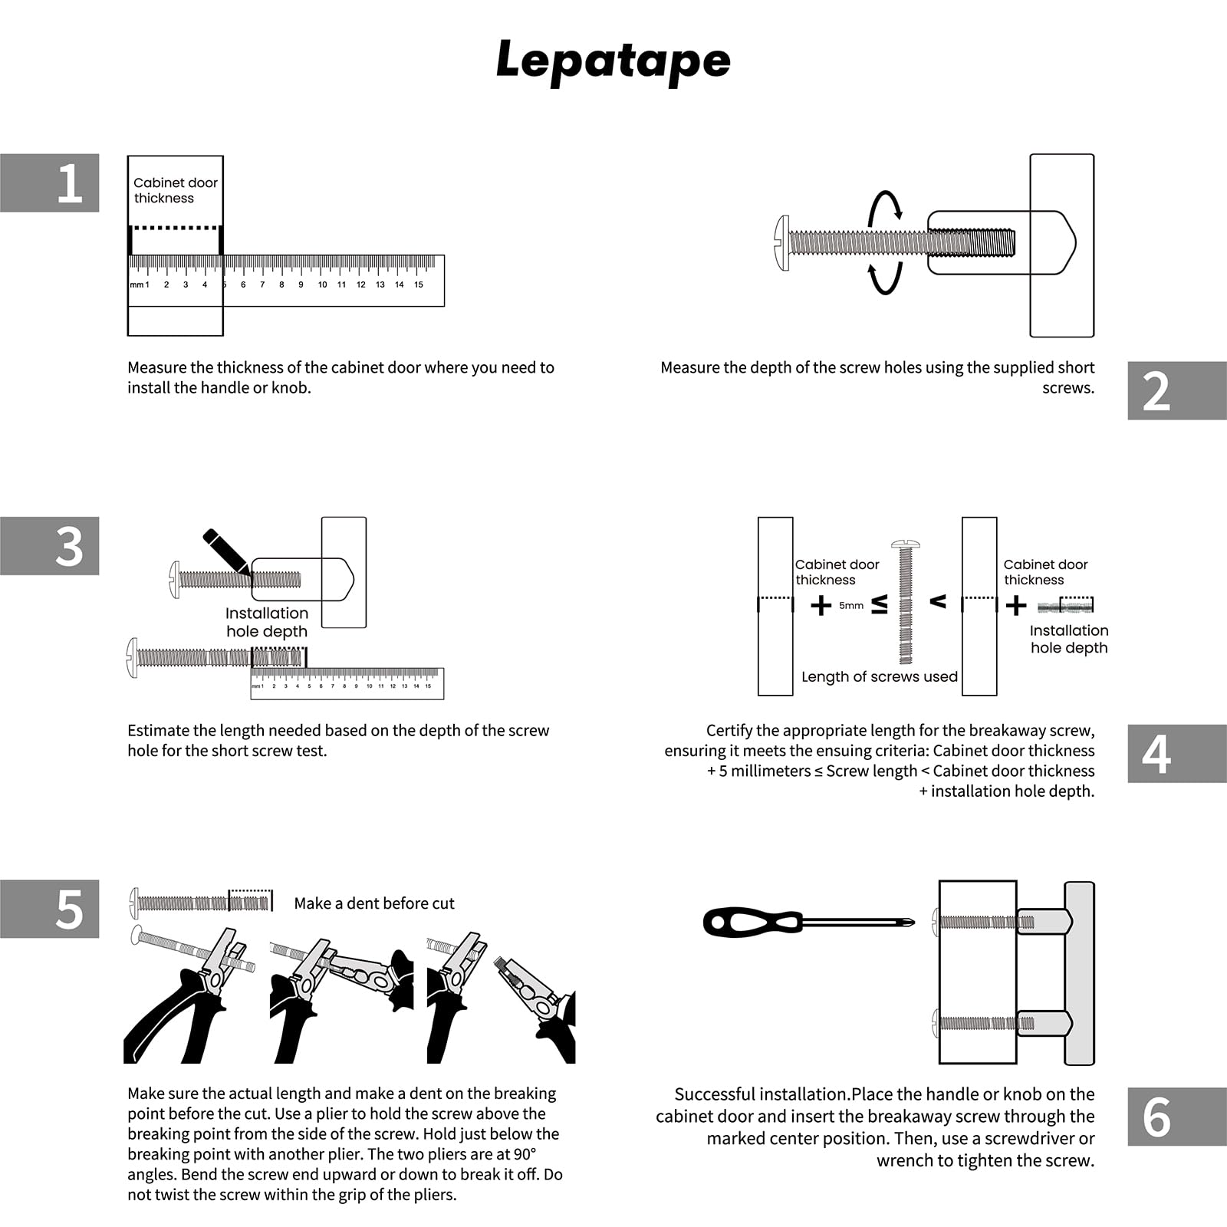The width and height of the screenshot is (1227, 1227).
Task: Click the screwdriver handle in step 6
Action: pos(752,921)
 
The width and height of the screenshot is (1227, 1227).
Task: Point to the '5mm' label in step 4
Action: pos(851,606)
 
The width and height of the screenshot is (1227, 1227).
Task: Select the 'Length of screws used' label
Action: pos(880,676)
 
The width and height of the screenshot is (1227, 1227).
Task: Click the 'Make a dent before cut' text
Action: pos(374,903)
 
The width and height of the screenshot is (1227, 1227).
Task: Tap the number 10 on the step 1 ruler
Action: pos(322,285)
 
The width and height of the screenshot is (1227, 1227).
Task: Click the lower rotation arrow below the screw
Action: pos(885,279)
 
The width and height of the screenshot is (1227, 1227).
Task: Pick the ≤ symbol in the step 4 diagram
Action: pos(880,604)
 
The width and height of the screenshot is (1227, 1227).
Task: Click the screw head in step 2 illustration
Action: pos(782,243)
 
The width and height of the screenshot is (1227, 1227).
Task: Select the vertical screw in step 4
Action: pos(906,603)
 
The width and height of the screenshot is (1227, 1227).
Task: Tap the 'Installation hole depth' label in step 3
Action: pos(267,622)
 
